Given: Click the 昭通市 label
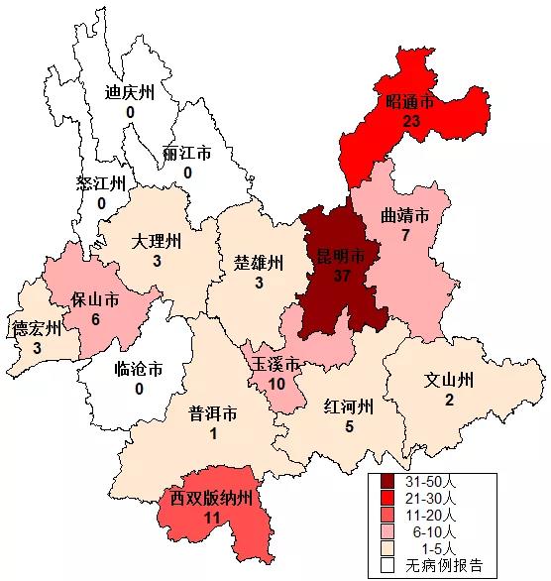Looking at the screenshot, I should pyautogui.click(x=410, y=102).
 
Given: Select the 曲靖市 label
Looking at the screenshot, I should pyautogui.click(x=405, y=216).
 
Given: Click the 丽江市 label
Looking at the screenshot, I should pyautogui.click(x=186, y=155).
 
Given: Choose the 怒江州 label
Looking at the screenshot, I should pyautogui.click(x=101, y=184).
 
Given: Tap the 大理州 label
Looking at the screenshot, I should pyautogui.click(x=157, y=241).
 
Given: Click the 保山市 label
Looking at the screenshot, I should pyautogui.click(x=95, y=298).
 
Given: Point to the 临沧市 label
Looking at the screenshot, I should pyautogui.click(x=139, y=370).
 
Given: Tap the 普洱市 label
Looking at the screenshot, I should pyautogui.click(x=213, y=414).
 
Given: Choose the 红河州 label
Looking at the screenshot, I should pyautogui.click(x=348, y=407).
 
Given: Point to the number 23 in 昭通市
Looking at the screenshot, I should pyautogui.click(x=412, y=120).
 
